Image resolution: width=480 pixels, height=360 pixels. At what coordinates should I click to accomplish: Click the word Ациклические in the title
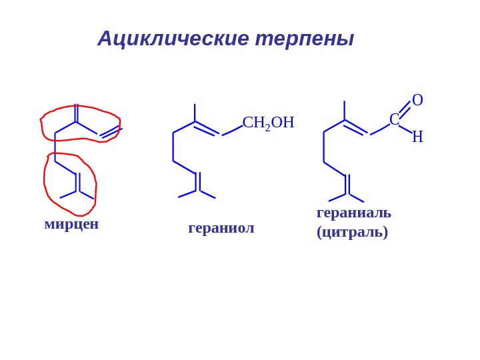point(173,39)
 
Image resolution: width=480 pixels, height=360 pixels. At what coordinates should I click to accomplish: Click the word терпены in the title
point(304,39)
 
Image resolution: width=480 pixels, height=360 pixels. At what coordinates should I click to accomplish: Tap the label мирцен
point(71,224)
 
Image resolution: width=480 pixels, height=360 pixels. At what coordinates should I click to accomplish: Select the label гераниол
point(221,228)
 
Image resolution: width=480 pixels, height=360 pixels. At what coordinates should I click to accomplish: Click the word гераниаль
point(353,213)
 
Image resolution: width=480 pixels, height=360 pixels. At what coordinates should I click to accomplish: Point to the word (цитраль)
point(352,232)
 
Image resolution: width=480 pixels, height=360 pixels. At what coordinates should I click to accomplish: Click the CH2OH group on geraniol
point(268,123)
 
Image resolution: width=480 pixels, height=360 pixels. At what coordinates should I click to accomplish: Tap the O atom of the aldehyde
point(417,100)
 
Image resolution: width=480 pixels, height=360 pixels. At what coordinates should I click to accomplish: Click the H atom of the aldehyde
point(417,137)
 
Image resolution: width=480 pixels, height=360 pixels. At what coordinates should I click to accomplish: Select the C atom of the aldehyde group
point(394,120)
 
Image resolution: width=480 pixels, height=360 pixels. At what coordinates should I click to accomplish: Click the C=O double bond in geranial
point(405,109)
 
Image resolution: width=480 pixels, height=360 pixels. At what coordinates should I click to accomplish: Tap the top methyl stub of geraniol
point(195,112)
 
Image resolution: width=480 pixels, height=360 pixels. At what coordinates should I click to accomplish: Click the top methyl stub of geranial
point(344,110)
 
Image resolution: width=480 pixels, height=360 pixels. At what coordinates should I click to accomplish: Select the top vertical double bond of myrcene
point(76,113)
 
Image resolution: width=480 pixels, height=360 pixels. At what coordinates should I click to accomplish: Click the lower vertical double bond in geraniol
point(197,181)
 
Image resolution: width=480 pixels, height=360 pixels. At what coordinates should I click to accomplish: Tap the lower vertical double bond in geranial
point(347,184)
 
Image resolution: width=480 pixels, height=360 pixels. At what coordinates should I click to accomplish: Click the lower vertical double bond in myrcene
point(77,182)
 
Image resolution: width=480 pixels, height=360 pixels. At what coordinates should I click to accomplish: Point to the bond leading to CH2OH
point(232,130)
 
